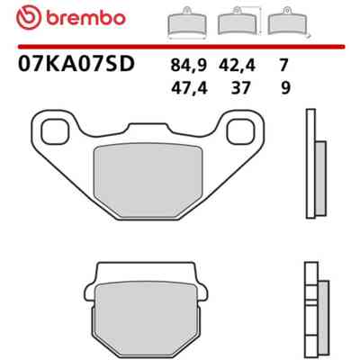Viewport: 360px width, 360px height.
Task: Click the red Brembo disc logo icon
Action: pos(29,17)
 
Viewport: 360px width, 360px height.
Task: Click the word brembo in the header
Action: pos(85,18)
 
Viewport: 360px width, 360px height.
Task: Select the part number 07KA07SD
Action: pos(76,64)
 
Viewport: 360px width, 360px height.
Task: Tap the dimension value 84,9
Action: pos(189,65)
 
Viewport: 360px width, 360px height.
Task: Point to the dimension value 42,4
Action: pos(237,65)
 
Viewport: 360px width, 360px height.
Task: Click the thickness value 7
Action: pos(283,65)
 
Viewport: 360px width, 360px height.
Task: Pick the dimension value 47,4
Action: pos(189,88)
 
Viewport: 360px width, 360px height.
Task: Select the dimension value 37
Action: pos(240,88)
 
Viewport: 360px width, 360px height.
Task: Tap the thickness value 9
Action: pos(285,88)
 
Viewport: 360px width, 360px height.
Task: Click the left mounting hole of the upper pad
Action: pos(56,131)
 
